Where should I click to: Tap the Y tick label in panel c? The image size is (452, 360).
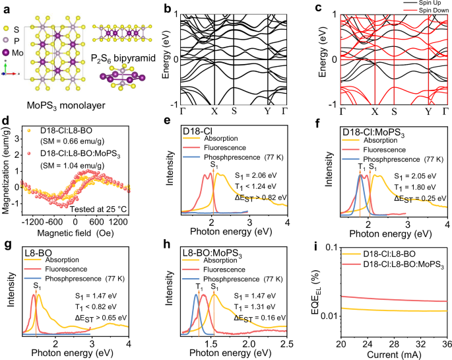pyautogui.click(x=428, y=111)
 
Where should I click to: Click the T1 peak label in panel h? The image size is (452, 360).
pyautogui.click(x=196, y=288)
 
